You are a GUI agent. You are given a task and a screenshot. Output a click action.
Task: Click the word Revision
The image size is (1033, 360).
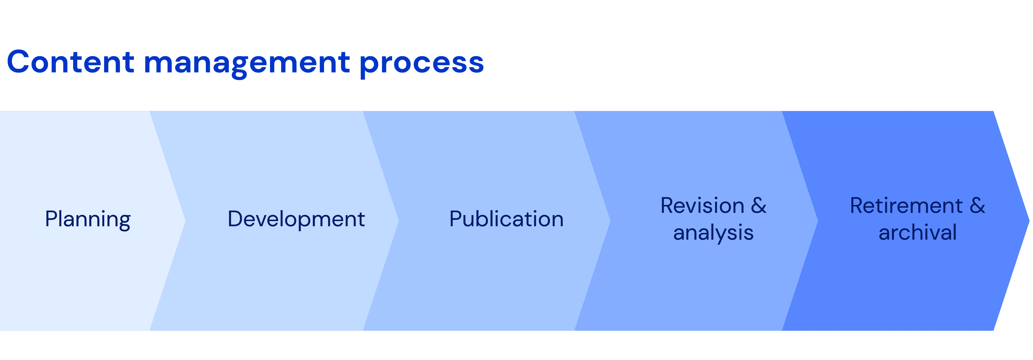702,206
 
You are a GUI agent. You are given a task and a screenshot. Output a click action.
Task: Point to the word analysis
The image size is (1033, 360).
713,233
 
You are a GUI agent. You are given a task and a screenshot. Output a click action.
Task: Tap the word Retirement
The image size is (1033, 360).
906,206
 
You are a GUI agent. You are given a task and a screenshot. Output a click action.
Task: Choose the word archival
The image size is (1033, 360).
918,233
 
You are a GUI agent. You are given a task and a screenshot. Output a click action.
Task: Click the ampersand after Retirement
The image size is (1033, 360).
977,206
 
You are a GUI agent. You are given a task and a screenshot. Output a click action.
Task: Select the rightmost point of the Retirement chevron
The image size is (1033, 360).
1029,220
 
